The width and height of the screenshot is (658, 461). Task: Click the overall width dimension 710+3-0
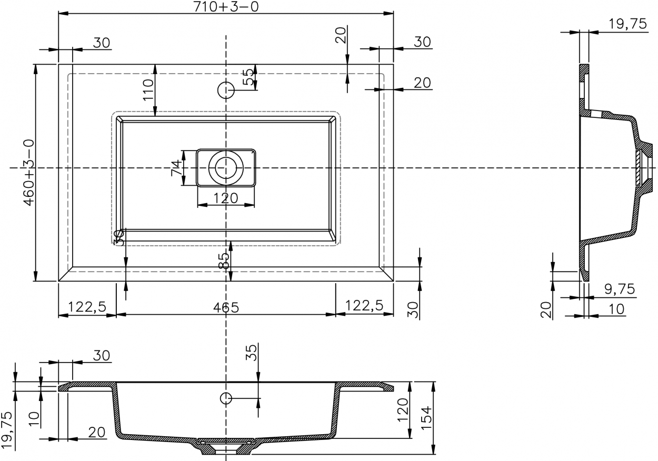(226, 7)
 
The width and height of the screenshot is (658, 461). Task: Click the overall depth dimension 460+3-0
(29, 173)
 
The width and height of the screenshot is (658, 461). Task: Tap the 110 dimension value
(148, 90)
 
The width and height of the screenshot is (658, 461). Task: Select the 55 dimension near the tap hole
(248, 77)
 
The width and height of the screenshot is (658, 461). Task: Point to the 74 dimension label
(176, 168)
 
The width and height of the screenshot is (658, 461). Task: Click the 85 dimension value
(224, 260)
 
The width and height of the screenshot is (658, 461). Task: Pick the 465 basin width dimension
(226, 307)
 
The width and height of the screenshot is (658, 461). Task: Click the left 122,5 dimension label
(87, 307)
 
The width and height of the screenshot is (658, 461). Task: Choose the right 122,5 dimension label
(364, 306)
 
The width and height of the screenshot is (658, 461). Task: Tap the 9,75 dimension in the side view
(620, 289)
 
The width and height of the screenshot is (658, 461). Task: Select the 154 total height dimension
(426, 418)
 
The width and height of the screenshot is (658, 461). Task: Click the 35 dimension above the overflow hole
(251, 353)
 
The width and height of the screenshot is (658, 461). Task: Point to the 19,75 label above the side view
(627, 24)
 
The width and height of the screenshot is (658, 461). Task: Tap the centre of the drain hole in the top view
(226, 168)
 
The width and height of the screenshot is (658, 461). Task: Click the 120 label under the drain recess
(226, 198)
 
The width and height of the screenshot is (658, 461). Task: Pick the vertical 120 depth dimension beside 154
(403, 410)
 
